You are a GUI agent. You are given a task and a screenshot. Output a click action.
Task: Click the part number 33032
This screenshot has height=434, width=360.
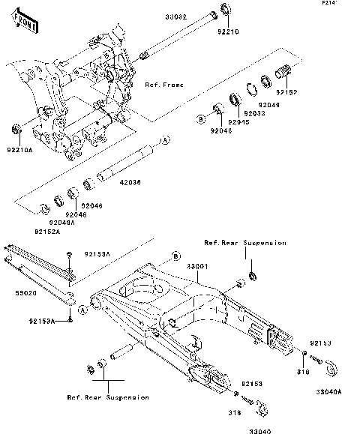177,14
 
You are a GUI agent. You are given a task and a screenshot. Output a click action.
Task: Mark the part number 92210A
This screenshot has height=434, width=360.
20,150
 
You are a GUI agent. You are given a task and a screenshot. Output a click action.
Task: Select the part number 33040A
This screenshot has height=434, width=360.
328,391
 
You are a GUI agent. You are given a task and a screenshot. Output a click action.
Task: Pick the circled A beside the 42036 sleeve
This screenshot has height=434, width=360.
166,140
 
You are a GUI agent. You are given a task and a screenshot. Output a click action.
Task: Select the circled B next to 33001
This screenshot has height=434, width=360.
176,257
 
